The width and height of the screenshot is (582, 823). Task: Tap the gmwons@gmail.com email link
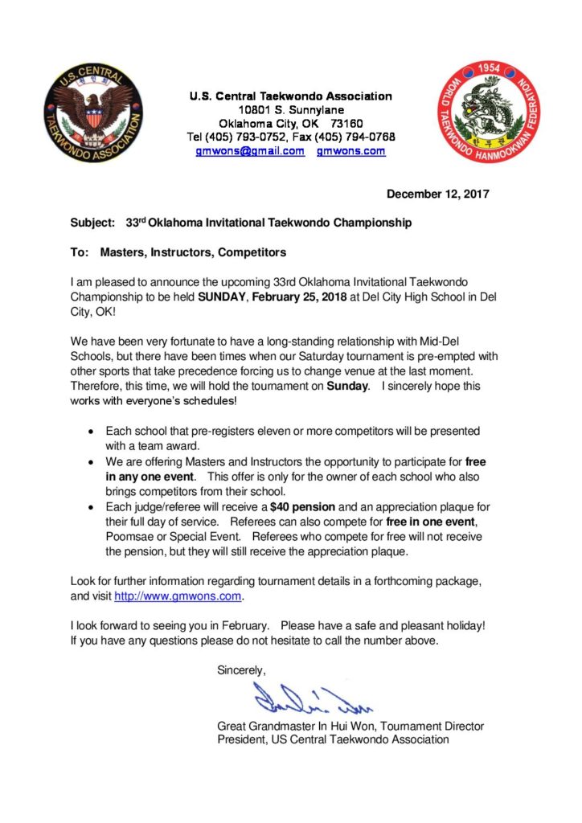[x=250, y=151]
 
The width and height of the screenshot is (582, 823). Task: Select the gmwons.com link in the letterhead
[x=351, y=151]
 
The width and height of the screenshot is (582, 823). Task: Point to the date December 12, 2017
[x=438, y=194]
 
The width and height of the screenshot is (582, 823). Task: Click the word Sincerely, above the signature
[x=241, y=669]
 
